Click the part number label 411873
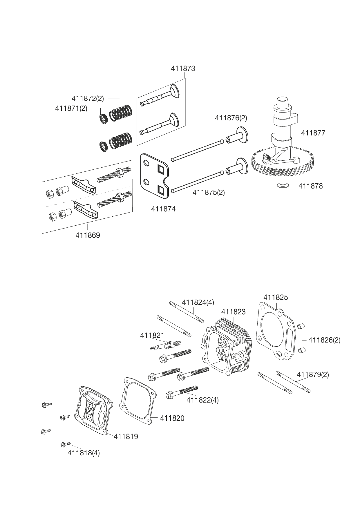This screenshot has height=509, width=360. coord(183,69)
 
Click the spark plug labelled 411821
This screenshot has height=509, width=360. coord(166,345)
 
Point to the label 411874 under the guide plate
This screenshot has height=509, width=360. coord(163,209)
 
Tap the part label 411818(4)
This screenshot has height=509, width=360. coord(84,453)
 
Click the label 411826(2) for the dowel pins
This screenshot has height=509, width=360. coord(324,340)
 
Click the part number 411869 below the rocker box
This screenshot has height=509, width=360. coord(88,235)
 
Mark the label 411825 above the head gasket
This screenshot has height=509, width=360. coord(276,297)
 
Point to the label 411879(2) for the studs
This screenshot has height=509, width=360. coord(313,374)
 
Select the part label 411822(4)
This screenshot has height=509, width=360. coord(202,400)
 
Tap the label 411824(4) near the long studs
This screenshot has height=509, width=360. coord(198,302)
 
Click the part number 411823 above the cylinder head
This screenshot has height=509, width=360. coord(233,312)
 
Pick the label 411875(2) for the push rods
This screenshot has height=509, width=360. coord(209,192)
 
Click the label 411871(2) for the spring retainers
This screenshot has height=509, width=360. coord(71,108)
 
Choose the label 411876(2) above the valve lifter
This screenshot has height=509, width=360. coord(231,118)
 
